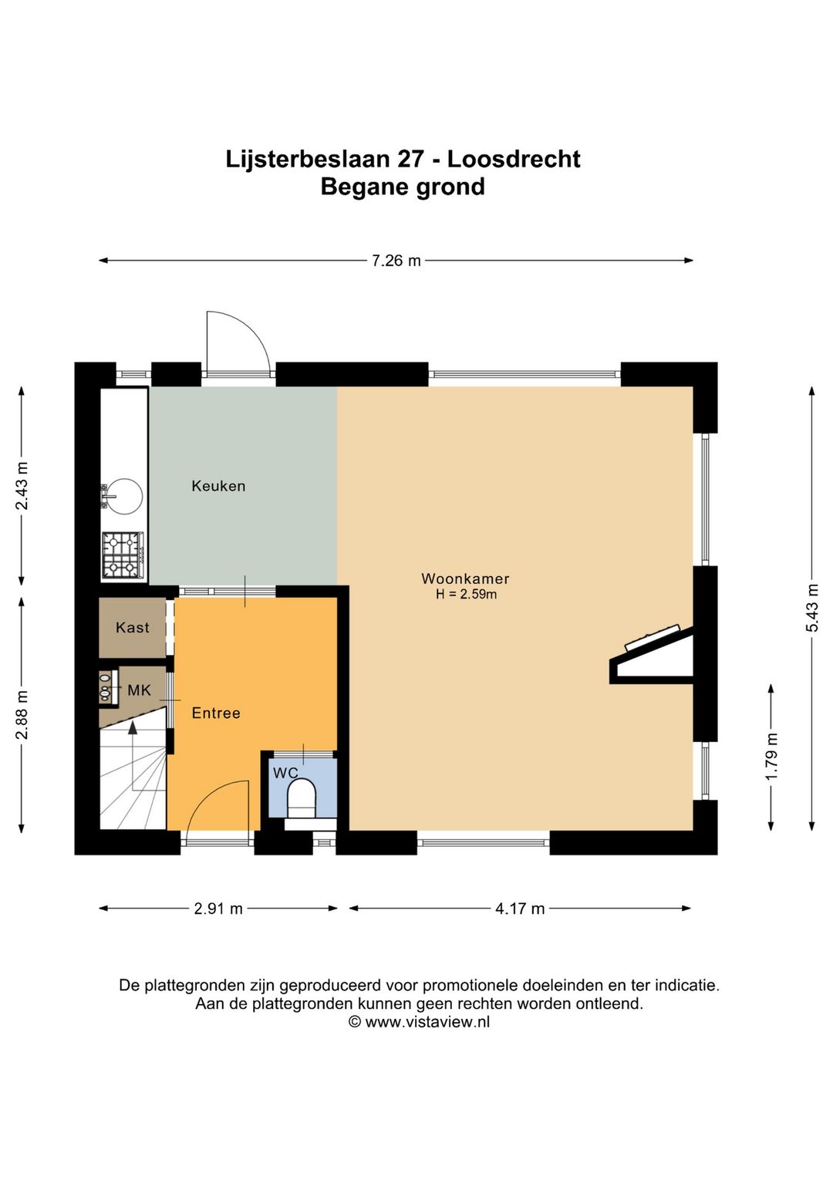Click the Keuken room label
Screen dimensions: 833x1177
[218, 486]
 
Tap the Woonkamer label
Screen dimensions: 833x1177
[465, 578]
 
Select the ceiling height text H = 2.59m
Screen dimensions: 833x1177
[466, 595]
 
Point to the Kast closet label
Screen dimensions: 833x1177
[133, 627]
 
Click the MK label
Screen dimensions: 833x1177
[140, 690]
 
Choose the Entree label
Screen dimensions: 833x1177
[216, 713]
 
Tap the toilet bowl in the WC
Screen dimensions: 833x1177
[302, 798]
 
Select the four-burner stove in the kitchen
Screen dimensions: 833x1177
[123, 555]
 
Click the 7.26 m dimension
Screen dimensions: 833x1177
[396, 261]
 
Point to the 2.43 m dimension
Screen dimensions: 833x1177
[22, 486]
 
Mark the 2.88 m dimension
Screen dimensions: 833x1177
[22, 714]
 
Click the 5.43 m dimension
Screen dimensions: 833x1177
[812, 608]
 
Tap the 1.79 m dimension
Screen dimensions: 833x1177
[771, 757]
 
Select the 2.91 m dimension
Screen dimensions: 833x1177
[218, 909]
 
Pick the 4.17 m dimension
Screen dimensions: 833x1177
[520, 909]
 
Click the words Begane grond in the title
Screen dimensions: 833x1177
[403, 187]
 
